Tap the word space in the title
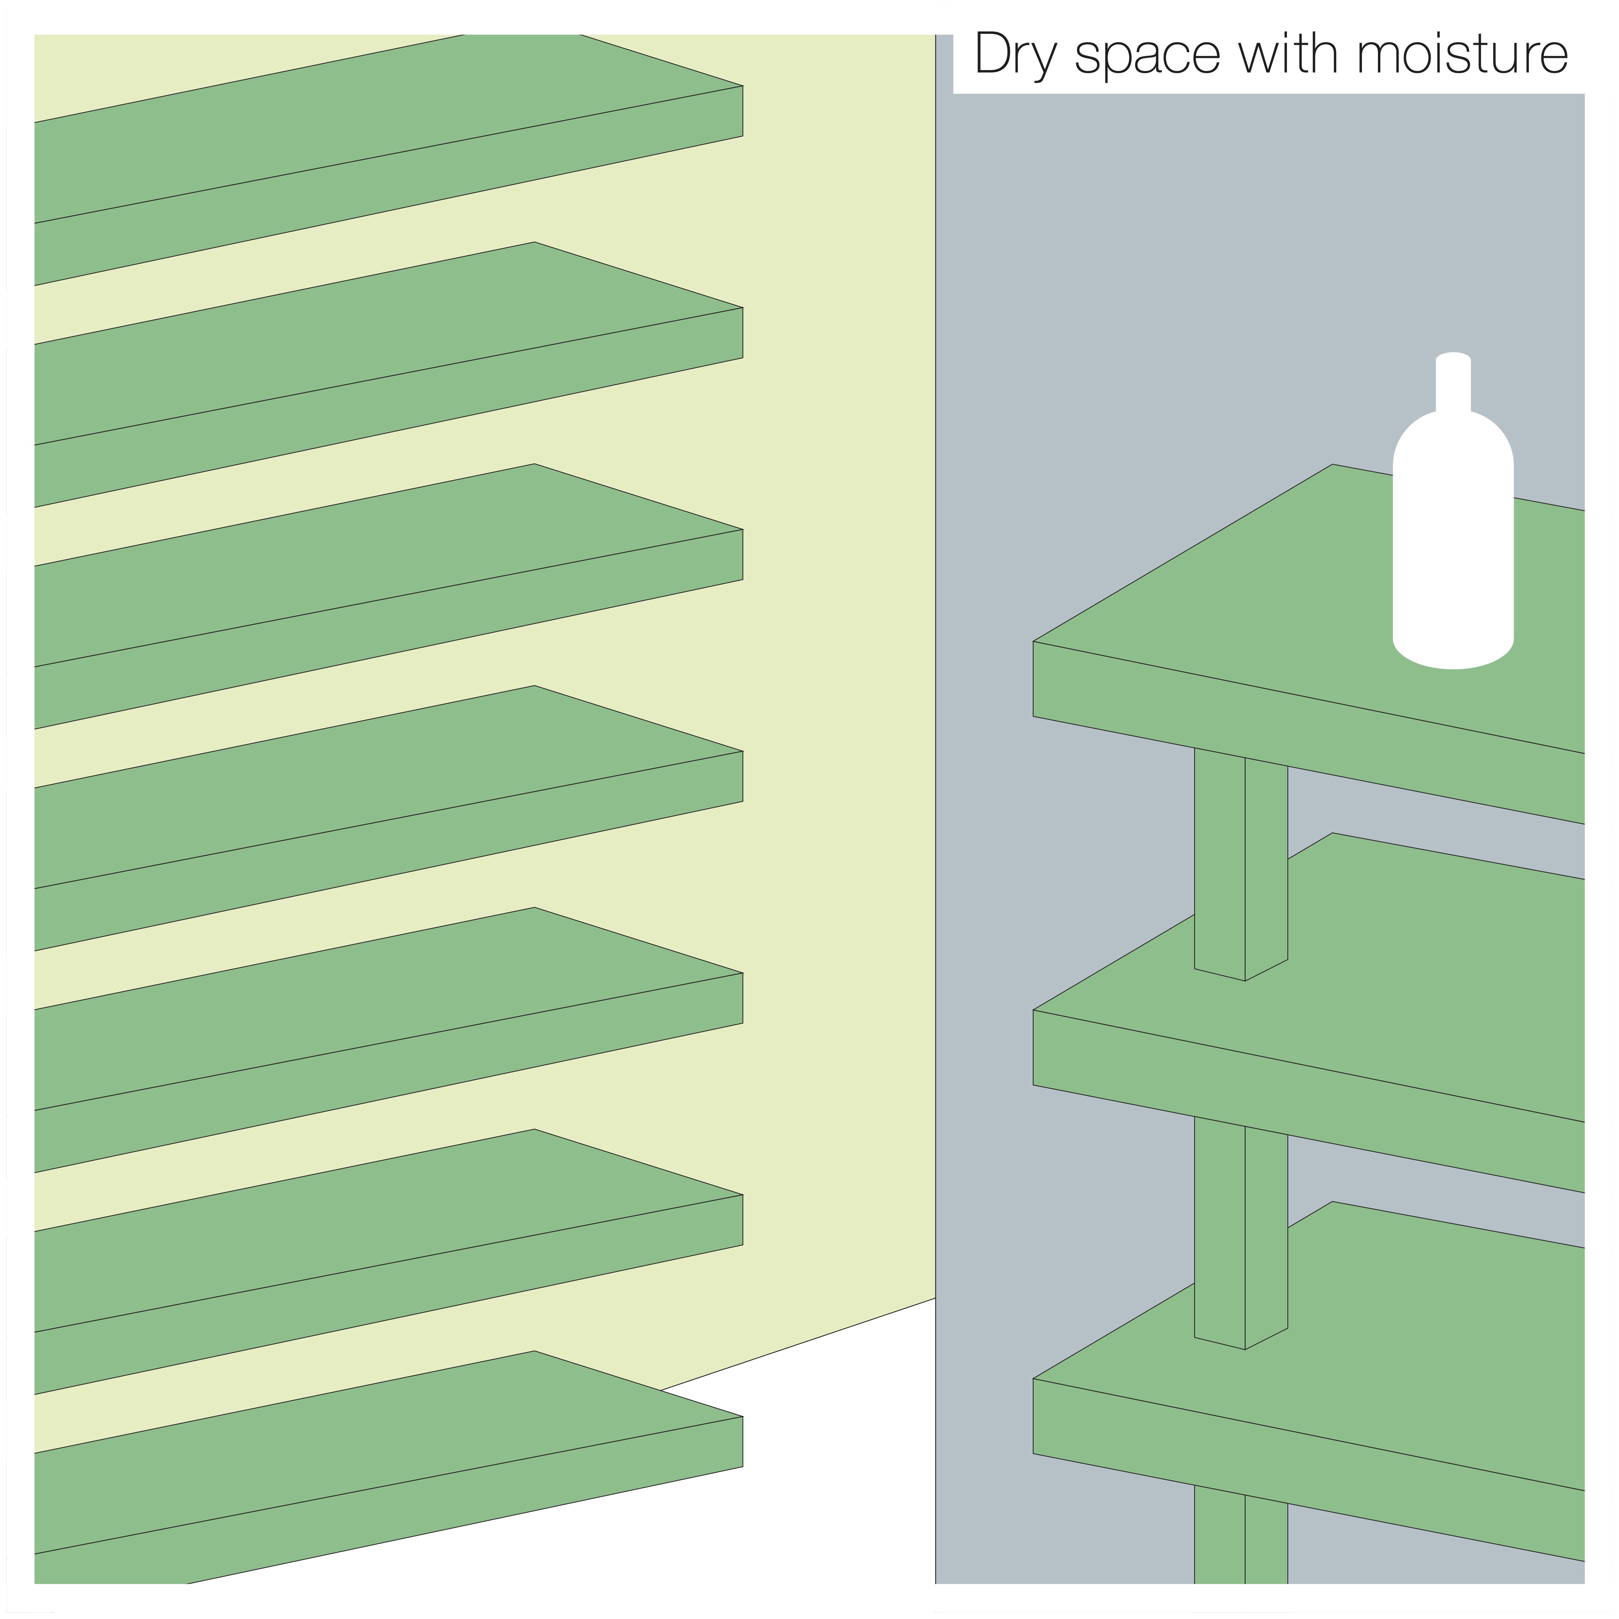(1147, 59)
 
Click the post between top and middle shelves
(1240, 863)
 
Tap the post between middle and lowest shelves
(1240, 1232)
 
